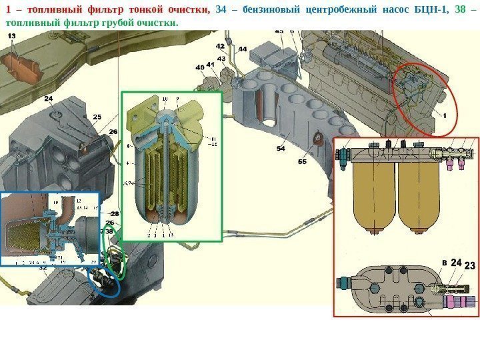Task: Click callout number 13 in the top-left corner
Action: coord(13,35)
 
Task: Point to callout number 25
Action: coord(97,117)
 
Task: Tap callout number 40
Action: coord(200,67)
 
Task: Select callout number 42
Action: coord(220,46)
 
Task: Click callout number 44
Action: coord(242,49)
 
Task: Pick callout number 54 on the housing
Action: coord(281,149)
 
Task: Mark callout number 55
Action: coord(303,162)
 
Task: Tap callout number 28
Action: coord(115,213)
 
